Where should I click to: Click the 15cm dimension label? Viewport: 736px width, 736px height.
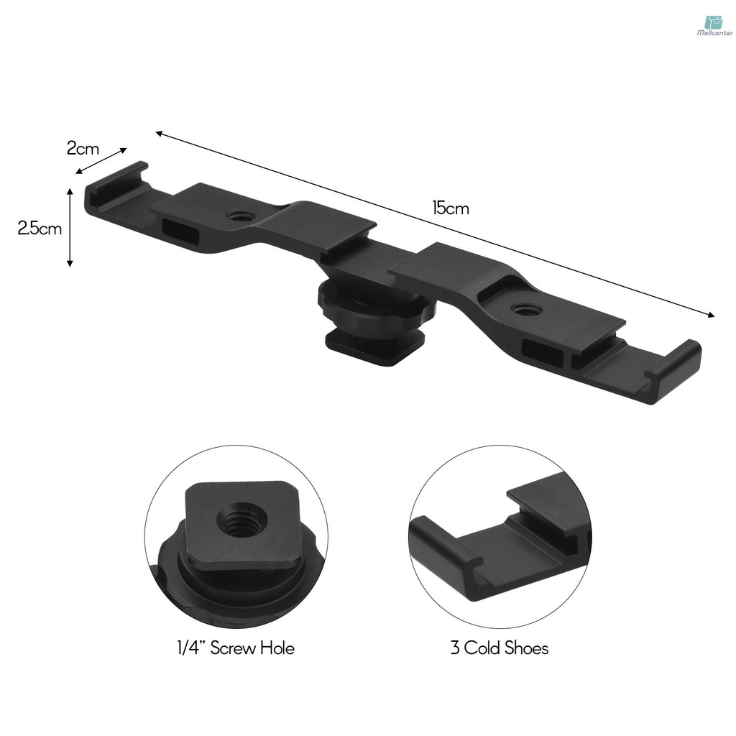[x=450, y=209]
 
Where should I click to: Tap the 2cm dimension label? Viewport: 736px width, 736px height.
[x=83, y=149]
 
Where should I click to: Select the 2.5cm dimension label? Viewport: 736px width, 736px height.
[x=40, y=229]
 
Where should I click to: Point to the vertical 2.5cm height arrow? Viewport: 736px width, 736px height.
[x=70, y=227]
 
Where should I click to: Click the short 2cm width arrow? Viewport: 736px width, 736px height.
[x=101, y=161]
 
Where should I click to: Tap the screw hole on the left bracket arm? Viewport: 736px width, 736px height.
[x=236, y=215]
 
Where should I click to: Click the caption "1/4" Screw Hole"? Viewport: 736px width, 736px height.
[x=236, y=648]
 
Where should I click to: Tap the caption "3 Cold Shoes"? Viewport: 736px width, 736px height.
[x=499, y=648]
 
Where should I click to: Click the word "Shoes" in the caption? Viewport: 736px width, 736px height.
[x=525, y=648]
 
